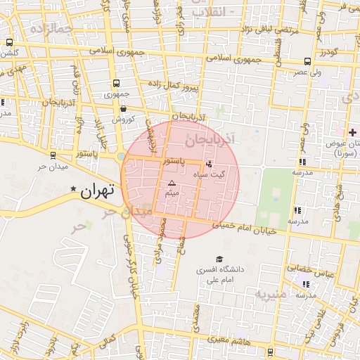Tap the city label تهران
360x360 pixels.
click(x=96, y=190)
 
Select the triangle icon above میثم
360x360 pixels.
click(x=171, y=183)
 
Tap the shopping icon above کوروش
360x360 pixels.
click(x=124, y=109)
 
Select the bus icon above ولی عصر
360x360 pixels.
click(x=307, y=61)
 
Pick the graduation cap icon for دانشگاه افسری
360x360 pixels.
click(x=219, y=259)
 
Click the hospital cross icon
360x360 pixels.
click(x=352, y=132)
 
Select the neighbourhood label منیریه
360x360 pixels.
click(x=271, y=293)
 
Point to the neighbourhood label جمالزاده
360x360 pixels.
click(x=52, y=29)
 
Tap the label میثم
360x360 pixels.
click(x=171, y=192)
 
